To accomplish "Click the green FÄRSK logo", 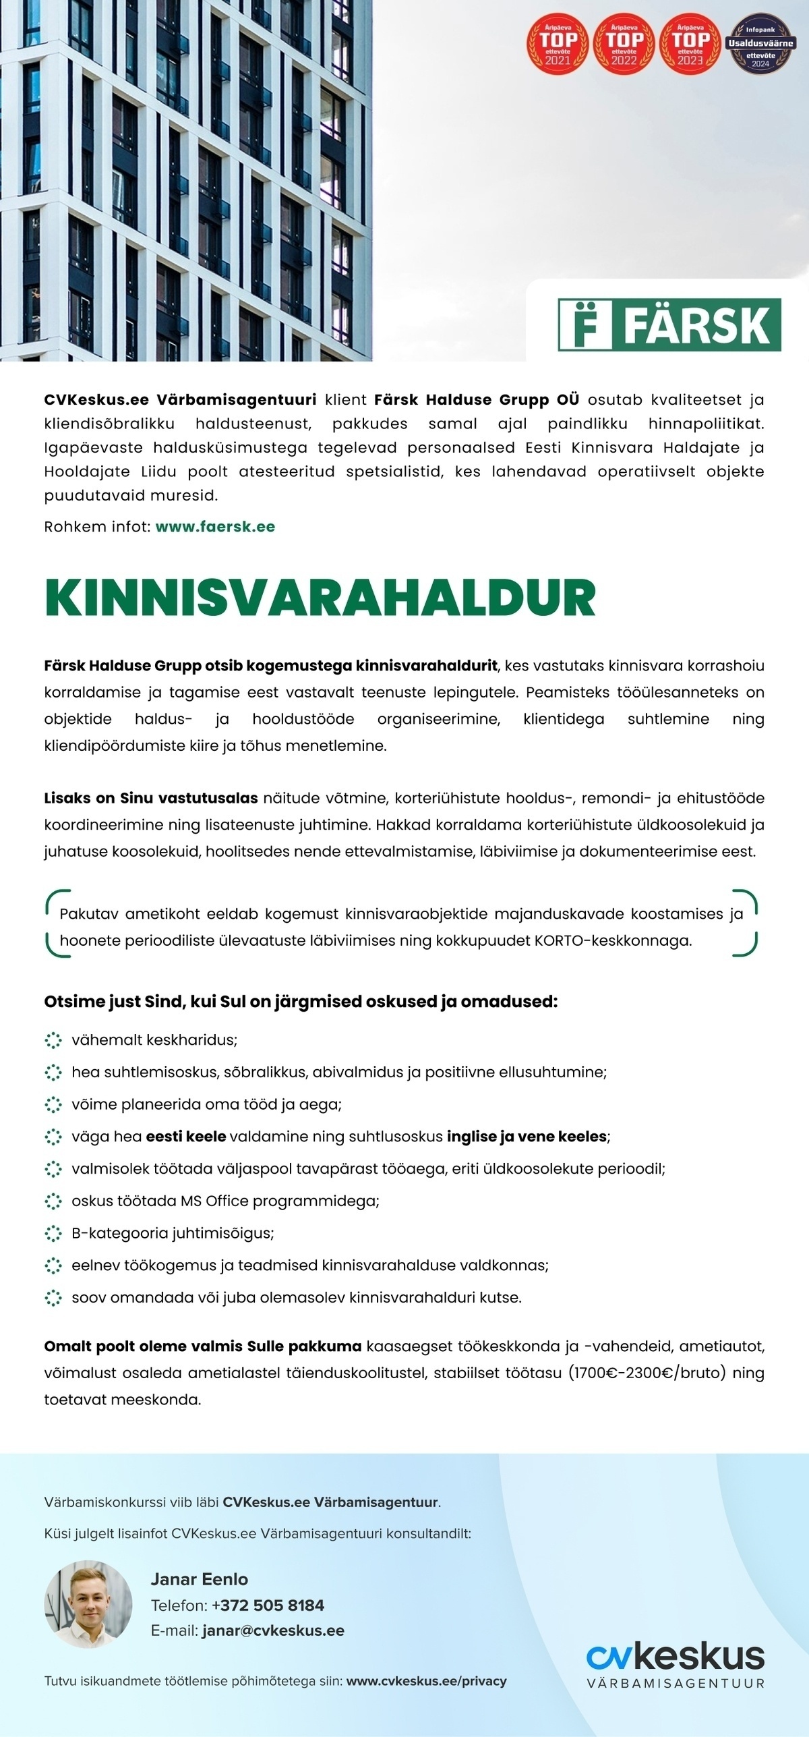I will (x=669, y=324).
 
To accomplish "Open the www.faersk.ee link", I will (x=215, y=527).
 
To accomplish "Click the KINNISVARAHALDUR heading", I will (x=320, y=598).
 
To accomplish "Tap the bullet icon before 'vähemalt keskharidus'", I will (x=53, y=1040).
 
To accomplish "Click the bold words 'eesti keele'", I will (x=185, y=1137).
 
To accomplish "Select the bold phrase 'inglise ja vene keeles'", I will (x=527, y=1137).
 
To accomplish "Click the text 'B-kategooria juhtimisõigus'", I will (x=173, y=1233).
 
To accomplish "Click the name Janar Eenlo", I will (x=199, y=1579).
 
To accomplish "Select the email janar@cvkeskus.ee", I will (x=273, y=1630).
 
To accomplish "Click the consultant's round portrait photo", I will (x=88, y=1604).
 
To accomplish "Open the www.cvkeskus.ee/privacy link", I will (x=426, y=1681).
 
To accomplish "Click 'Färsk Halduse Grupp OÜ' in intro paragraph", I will (x=476, y=399).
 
